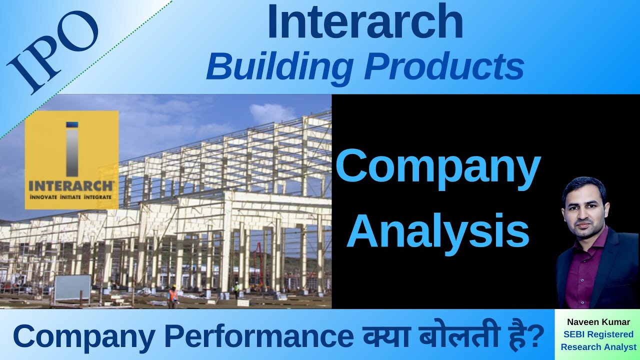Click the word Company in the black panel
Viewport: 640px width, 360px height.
point(438,167)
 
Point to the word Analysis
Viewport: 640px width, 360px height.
point(438,231)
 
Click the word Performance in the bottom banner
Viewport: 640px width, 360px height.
point(257,336)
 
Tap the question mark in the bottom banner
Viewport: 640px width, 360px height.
point(536,336)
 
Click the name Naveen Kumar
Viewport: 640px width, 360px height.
point(598,322)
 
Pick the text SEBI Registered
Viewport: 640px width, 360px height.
point(598,334)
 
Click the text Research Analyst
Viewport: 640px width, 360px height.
point(598,346)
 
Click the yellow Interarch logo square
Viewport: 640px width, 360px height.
point(71,160)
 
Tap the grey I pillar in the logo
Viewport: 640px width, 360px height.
point(72,150)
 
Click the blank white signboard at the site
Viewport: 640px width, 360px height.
point(72,287)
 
